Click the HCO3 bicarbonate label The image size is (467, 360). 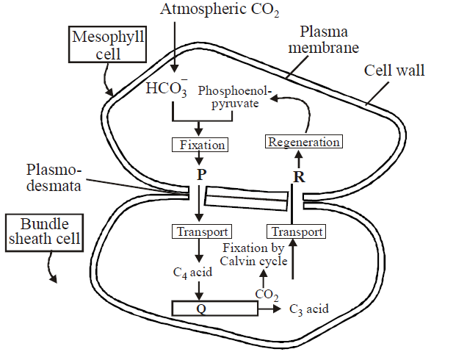pos(166,90)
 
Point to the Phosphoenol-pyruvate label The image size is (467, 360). pos(235,98)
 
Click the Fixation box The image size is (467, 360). pos(198,145)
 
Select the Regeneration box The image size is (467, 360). pos(303,142)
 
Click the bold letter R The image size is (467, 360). pos(297,177)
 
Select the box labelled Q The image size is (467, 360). pos(214,309)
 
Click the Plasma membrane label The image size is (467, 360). pos(330,40)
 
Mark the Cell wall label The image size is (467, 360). pos(394,71)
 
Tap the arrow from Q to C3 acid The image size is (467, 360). pos(269,309)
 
